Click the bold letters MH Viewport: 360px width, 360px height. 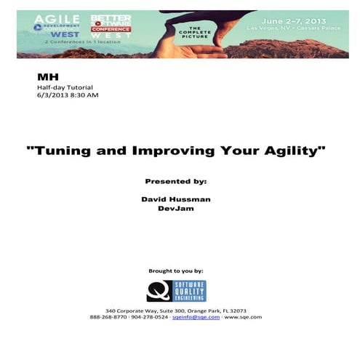(44, 76)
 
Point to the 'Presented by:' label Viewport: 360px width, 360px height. (176, 180)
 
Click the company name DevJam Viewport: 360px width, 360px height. (176, 208)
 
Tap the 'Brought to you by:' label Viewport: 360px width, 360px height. (175, 271)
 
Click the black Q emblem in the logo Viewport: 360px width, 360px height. (157, 289)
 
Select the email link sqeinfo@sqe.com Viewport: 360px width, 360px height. (200, 317)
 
